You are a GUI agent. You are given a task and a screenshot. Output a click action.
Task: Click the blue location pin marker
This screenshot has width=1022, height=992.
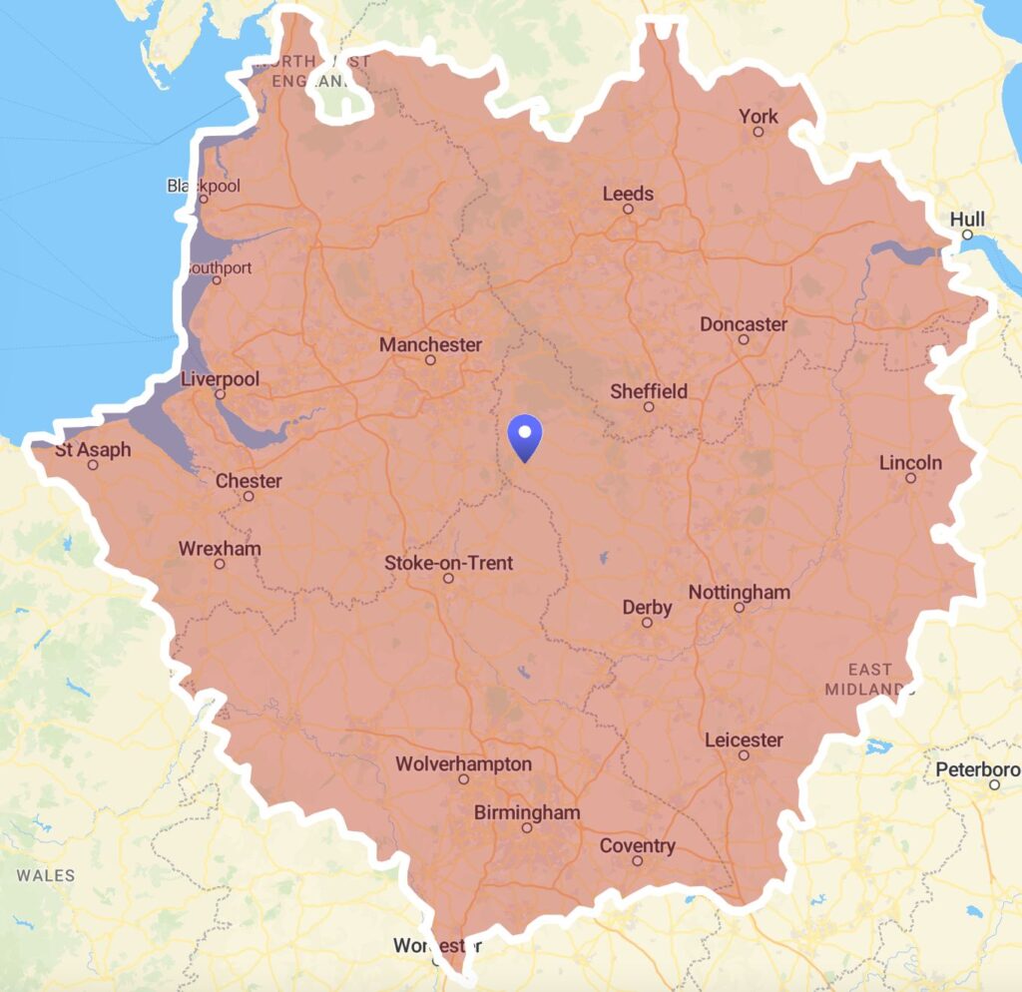coord(524,437)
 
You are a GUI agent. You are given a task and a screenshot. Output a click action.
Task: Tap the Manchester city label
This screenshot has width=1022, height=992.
coord(430,344)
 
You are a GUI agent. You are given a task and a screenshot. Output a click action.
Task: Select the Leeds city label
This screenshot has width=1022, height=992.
coord(628,194)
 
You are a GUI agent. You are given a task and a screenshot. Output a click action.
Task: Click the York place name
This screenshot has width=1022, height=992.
coord(758,117)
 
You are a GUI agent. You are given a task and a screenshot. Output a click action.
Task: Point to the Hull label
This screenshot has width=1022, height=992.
coord(967,219)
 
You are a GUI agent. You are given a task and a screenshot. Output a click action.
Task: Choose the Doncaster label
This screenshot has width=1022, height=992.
coord(744,324)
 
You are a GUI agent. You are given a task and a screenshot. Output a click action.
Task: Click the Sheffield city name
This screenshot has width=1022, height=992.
coord(649,391)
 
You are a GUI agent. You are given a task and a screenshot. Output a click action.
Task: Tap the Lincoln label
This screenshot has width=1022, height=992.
coord(910,463)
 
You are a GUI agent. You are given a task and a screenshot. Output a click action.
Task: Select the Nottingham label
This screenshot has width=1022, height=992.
coord(740,592)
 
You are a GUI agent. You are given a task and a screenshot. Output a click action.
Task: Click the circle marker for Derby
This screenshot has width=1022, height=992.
coord(647,623)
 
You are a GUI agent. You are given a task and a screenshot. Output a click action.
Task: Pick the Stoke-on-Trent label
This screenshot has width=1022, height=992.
coord(448,563)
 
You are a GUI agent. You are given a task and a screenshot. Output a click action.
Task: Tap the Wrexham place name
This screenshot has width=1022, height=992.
coord(220,548)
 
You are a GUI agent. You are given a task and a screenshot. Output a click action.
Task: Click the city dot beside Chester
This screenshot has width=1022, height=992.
coord(249,496)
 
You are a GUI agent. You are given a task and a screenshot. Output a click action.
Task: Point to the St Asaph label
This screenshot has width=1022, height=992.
coord(93,449)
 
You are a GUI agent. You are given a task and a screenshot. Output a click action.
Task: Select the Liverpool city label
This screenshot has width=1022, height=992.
coord(220,379)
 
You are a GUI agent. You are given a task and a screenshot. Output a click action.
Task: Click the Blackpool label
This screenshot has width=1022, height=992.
coord(204,186)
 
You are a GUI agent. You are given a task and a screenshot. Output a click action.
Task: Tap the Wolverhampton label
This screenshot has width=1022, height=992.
coord(463,764)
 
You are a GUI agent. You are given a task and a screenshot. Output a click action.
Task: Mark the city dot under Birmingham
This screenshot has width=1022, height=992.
coord(527,827)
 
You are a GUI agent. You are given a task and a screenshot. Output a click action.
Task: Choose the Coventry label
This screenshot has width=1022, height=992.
coord(638,846)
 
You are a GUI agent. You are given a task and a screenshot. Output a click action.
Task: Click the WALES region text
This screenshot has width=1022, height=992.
coord(46,875)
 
